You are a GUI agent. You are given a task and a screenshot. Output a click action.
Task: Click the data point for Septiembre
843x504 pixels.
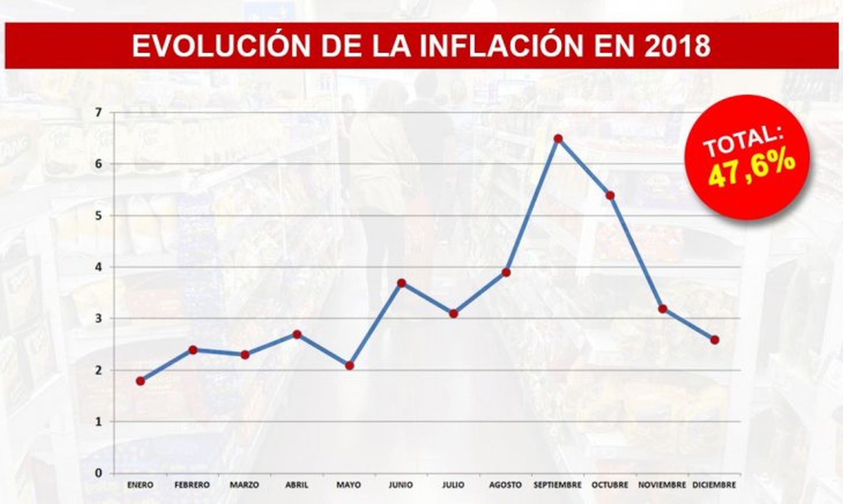(558, 139)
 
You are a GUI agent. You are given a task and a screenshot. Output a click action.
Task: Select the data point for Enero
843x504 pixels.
(140, 381)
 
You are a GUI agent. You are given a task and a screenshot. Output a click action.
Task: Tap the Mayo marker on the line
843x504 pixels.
(349, 366)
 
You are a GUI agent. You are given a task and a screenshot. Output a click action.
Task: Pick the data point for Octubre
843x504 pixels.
(610, 196)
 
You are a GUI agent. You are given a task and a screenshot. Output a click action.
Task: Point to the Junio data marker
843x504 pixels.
(401, 283)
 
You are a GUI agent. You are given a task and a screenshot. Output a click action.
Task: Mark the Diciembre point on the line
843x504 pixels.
(714, 340)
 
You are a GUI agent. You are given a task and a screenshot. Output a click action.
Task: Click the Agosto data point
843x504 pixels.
(506, 272)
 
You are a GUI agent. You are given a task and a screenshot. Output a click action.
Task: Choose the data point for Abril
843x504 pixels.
(297, 334)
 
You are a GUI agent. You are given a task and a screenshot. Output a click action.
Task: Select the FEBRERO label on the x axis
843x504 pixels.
(192, 485)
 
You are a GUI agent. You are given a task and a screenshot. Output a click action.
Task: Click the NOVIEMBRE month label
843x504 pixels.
(662, 485)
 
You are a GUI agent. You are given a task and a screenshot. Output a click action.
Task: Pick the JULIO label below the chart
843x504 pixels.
(453, 485)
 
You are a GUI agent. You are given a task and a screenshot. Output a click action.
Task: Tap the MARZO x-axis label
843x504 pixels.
(244, 485)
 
